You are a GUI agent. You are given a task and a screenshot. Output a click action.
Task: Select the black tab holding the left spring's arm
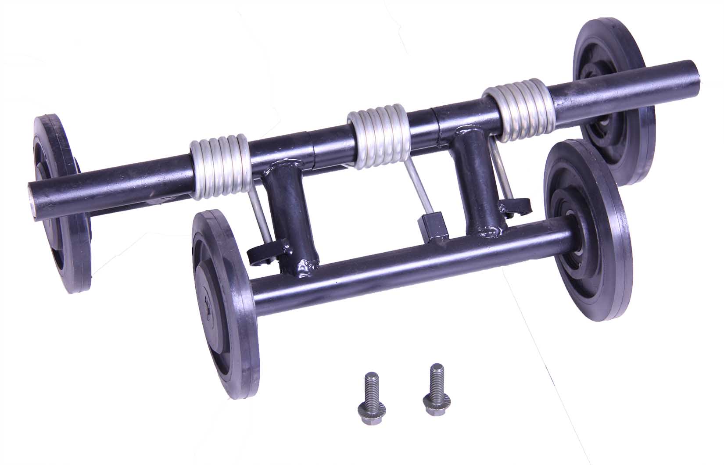263,254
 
